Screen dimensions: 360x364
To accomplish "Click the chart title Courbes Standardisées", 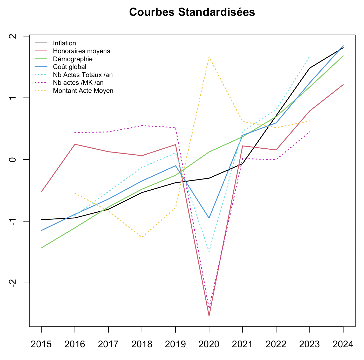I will click(x=192, y=12).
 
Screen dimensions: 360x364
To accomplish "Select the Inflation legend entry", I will click(x=64, y=43).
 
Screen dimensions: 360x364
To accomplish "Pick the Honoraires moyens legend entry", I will click(x=81, y=51).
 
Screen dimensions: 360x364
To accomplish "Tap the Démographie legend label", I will click(x=73, y=59).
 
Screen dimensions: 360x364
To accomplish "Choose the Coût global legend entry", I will click(x=70, y=67).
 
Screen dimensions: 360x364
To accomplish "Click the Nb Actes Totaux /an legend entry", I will click(x=83, y=75).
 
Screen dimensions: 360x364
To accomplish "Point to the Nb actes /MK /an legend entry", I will click(x=78, y=83).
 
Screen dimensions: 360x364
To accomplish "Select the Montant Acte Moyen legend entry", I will click(x=83, y=91).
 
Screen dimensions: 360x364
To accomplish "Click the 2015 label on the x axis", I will click(x=41, y=344).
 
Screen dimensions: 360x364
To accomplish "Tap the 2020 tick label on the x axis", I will click(x=209, y=344).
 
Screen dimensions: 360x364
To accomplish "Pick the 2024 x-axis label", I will click(x=343, y=344).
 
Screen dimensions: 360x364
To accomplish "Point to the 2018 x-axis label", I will click(x=142, y=344).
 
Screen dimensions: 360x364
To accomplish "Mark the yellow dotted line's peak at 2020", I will click(x=209, y=56).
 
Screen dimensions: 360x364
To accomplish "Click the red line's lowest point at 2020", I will click(x=209, y=316).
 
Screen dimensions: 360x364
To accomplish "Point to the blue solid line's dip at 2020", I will click(x=209, y=218).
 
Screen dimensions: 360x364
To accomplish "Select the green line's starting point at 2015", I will click(x=41, y=248).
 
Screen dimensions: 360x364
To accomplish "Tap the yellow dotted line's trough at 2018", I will click(x=142, y=237).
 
